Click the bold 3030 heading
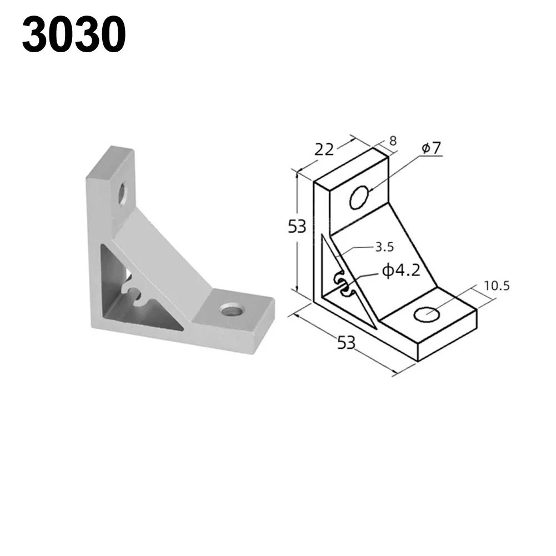pyautogui.click(x=74, y=34)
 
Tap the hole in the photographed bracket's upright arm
pyautogui.click(x=123, y=195)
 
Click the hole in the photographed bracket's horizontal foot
pyautogui.click(x=229, y=309)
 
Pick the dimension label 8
pyautogui.click(x=393, y=141)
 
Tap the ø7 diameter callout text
pyautogui.click(x=430, y=148)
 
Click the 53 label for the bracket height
pyautogui.click(x=297, y=227)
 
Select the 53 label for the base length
pyautogui.click(x=346, y=343)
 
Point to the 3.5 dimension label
pyautogui.click(x=384, y=247)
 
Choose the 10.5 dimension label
pyautogui.click(x=496, y=286)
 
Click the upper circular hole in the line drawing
pyautogui.click(x=359, y=198)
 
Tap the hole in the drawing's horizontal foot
pyautogui.click(x=427, y=314)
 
